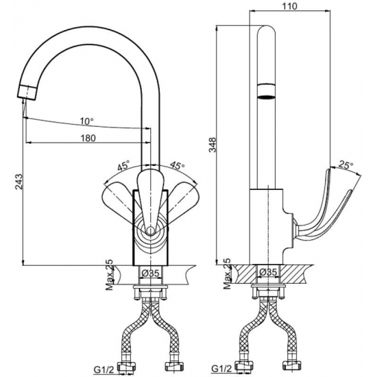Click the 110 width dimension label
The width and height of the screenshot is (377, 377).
tap(289, 6)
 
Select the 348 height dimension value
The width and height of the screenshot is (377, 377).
tap(213, 145)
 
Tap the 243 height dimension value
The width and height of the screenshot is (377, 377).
tap(19, 182)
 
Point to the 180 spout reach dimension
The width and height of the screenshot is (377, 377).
tap(88, 138)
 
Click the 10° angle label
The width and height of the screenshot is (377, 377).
tap(87, 121)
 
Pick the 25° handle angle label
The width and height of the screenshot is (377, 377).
tap(346, 165)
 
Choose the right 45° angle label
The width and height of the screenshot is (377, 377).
tap(178, 165)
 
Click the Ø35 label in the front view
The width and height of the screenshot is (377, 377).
tap(150, 273)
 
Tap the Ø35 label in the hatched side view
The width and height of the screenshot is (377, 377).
tap(269, 272)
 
